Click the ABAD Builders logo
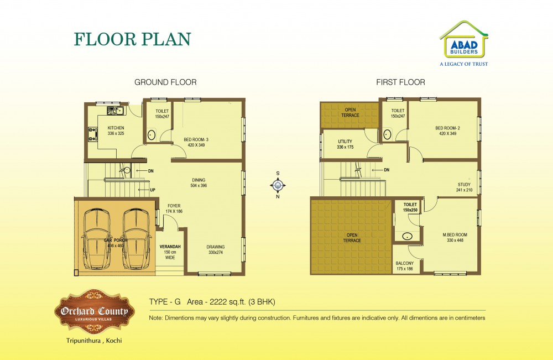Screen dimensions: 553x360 point(464,43)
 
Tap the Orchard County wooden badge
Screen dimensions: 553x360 point(94,311)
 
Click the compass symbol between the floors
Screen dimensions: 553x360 point(278,185)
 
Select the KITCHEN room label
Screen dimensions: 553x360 point(116,131)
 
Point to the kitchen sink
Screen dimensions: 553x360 point(116,111)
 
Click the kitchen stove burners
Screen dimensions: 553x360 point(92,134)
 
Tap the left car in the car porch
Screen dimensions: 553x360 point(97,239)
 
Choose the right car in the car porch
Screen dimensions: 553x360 point(136,239)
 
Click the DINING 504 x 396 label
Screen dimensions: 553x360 point(199,182)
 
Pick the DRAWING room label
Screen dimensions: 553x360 point(216,249)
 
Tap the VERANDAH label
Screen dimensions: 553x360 point(170,252)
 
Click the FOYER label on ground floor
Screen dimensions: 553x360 point(174,208)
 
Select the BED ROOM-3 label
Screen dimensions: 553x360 point(196,142)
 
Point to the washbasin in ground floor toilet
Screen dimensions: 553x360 point(152,135)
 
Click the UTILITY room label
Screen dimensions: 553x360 point(345,144)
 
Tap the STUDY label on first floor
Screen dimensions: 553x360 point(464,187)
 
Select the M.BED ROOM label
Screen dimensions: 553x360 point(455,237)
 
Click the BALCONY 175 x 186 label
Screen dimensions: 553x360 point(405,266)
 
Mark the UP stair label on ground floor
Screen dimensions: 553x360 point(153,190)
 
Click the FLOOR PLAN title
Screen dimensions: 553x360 point(132,39)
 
